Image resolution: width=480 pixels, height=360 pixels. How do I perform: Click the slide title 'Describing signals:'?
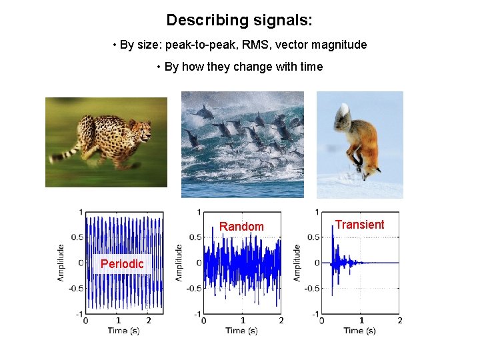[x=239, y=20]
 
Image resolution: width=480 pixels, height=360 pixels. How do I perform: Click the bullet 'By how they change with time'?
[x=239, y=67]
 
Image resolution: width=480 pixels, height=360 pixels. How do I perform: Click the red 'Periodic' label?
[x=122, y=264]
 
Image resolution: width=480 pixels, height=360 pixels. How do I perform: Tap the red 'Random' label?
[x=241, y=227]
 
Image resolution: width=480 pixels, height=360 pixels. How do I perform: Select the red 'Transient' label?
[x=359, y=225]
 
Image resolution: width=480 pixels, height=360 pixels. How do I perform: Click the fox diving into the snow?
[x=361, y=143]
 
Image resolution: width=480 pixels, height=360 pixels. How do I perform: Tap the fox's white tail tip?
[x=345, y=109]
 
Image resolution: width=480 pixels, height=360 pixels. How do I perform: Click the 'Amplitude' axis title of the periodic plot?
[x=61, y=262]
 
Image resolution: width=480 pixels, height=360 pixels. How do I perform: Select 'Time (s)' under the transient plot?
[x=360, y=331]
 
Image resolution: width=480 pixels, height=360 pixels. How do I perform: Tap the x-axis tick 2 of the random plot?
[x=281, y=321]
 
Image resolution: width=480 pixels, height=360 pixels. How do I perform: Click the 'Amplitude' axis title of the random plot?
[x=179, y=262]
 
